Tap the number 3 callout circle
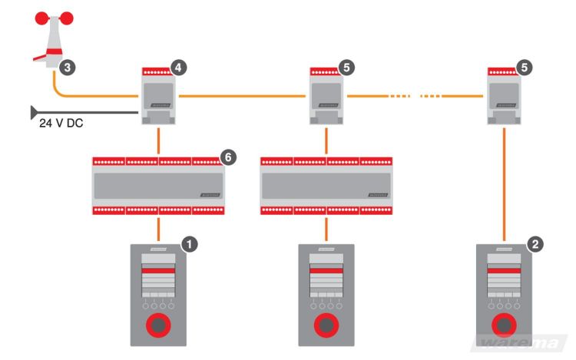pos(68,68)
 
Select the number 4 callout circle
pos(179,67)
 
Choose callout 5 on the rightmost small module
pos(525,67)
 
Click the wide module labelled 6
pos(157,185)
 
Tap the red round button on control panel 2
pos(505,325)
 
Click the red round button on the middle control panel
pos(326,325)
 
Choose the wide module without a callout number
pos(326,185)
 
